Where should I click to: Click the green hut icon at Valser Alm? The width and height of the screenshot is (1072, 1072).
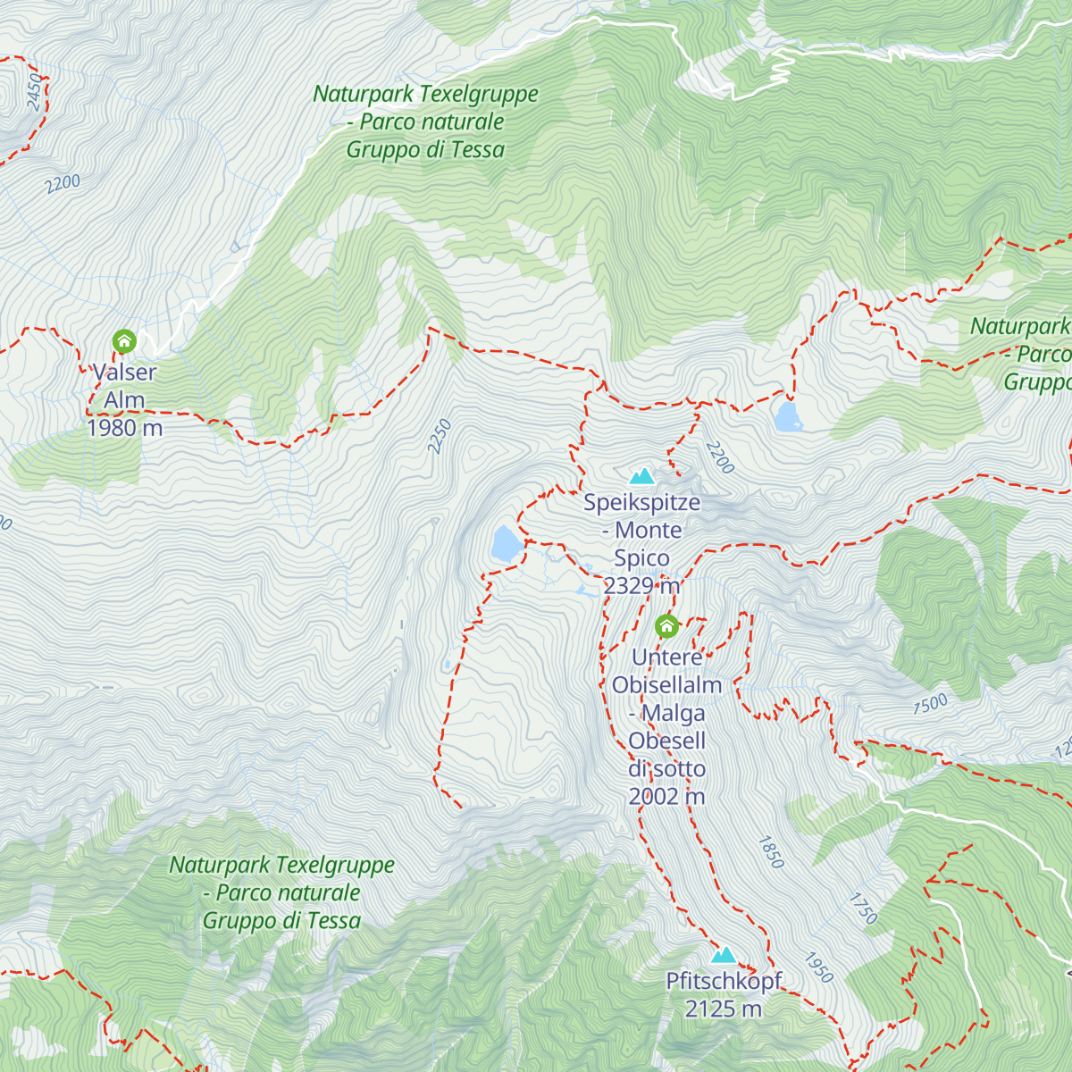click(124, 341)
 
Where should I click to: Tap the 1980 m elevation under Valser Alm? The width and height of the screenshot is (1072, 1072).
click(124, 428)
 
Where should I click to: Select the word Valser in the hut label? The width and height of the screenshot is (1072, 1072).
click(124, 373)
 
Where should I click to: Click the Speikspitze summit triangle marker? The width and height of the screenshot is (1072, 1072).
click(641, 476)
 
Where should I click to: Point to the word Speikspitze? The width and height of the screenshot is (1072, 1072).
click(641, 502)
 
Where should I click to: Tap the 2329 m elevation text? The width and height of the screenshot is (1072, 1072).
click(641, 586)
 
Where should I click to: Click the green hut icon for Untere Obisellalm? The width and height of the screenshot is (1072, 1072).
click(666, 626)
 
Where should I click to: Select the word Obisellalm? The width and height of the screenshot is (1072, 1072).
click(666, 685)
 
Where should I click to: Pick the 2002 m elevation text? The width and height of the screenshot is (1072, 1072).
click(666, 796)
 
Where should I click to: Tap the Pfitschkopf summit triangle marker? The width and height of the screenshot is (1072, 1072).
click(724, 955)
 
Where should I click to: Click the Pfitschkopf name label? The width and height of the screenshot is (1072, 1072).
click(724, 981)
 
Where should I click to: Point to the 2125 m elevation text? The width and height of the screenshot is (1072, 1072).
click(724, 1009)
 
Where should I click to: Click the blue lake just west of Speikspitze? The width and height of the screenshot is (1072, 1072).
click(505, 542)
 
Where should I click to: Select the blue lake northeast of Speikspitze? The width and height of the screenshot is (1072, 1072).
click(788, 416)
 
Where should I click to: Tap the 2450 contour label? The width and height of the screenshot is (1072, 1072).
click(35, 92)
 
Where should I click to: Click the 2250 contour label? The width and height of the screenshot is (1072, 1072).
click(440, 436)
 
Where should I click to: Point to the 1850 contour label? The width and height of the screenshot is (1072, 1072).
click(771, 852)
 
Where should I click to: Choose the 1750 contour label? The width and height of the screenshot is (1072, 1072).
click(863, 908)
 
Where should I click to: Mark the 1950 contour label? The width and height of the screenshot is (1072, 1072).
click(818, 967)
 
